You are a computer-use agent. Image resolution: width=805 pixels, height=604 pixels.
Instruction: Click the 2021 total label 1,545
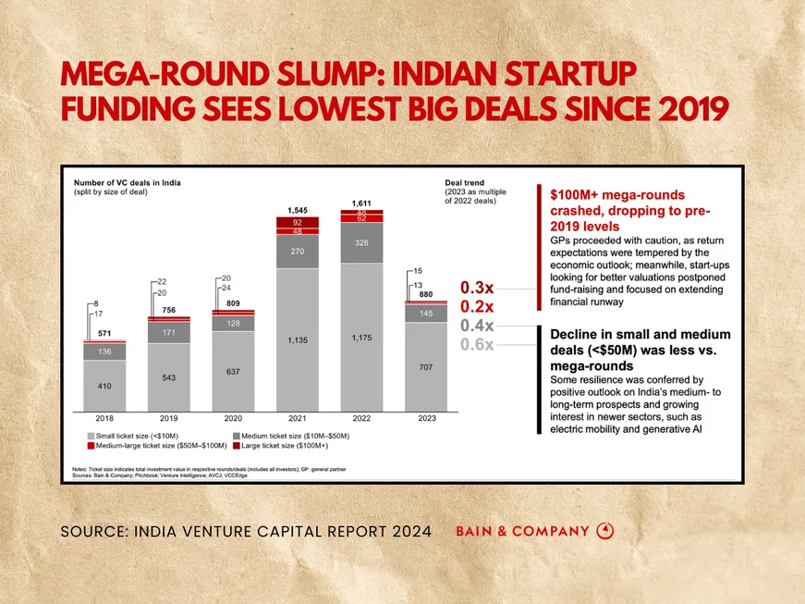click(298, 211)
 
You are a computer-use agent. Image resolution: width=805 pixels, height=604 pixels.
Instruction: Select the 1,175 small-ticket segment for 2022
click(361, 338)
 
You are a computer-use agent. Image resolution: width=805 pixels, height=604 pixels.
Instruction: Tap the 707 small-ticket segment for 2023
click(426, 367)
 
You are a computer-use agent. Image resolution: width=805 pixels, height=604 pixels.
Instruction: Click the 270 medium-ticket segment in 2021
click(298, 251)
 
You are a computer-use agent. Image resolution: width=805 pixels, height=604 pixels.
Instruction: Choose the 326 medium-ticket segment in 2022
click(361, 242)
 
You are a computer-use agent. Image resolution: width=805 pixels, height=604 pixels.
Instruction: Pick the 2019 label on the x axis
click(169, 418)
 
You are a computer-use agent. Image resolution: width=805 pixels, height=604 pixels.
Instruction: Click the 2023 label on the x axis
click(426, 418)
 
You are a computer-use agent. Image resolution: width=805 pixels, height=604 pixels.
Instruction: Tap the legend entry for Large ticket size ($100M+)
click(285, 445)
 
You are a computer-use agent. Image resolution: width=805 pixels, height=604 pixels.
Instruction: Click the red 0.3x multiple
click(476, 288)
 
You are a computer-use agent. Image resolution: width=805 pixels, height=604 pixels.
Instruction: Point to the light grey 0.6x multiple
click(476, 344)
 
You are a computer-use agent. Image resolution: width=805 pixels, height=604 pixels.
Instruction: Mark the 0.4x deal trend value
click(476, 326)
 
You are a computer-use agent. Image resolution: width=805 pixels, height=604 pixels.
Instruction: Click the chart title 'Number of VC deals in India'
click(127, 183)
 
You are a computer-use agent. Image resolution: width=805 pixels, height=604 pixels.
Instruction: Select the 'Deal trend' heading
click(464, 183)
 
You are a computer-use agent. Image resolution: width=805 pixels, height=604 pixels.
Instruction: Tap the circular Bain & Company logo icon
click(605, 531)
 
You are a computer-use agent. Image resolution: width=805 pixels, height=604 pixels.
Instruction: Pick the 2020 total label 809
click(233, 303)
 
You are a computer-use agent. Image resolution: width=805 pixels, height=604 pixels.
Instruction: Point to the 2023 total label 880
click(426, 295)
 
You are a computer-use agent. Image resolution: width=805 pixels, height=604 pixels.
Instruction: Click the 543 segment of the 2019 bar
click(169, 377)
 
